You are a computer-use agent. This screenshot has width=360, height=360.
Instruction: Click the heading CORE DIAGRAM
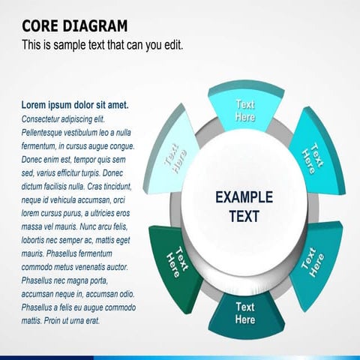point(74,26)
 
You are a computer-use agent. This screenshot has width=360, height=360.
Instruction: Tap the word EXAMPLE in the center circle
point(244,198)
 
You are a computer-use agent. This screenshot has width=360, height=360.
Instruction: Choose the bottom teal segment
point(245,313)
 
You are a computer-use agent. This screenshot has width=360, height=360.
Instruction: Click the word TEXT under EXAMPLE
point(244,216)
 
